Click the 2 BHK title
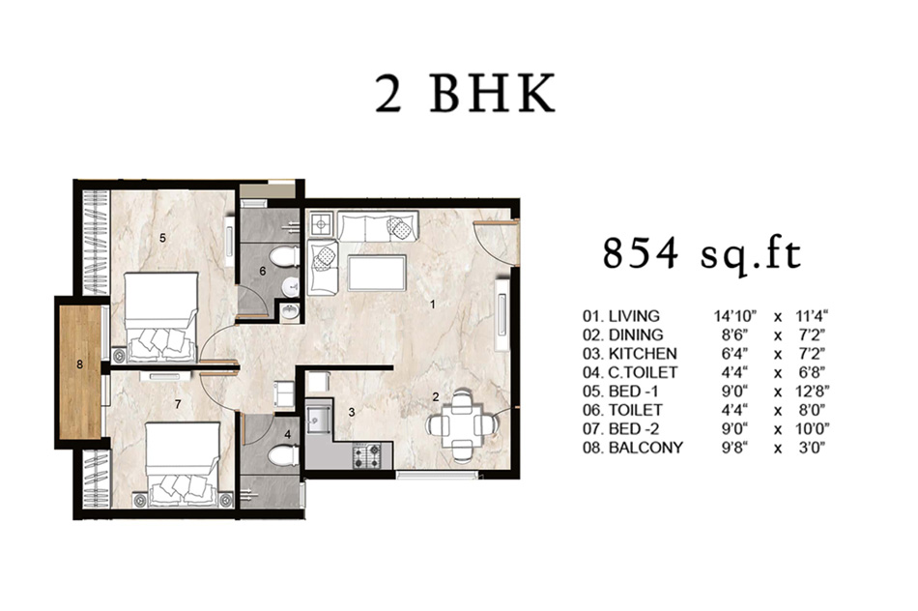(465, 94)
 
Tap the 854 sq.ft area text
(702, 254)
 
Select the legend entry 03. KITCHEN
(630, 354)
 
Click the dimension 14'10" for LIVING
(734, 316)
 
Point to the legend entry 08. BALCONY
(633, 448)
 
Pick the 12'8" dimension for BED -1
(812, 392)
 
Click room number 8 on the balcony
(79, 364)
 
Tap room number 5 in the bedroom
(162, 237)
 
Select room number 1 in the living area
(433, 304)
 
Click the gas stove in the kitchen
(366, 456)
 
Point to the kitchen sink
(319, 420)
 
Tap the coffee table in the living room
(377, 273)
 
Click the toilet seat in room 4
(285, 455)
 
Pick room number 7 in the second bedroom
(178, 403)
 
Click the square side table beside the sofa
(321, 223)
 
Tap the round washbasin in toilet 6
(291, 287)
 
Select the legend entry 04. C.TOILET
(630, 372)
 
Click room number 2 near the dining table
(436, 397)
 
